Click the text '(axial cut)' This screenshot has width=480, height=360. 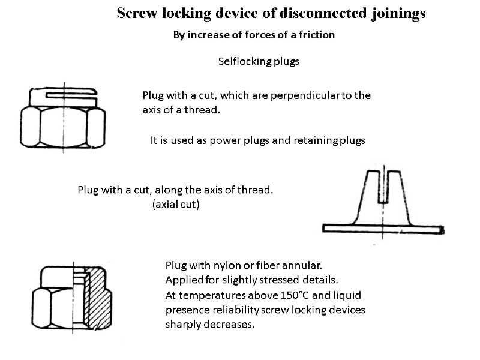176,205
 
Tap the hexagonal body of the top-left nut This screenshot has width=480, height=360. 63,127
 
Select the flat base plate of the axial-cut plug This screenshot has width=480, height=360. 382,228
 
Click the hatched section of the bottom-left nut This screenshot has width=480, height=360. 98,294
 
